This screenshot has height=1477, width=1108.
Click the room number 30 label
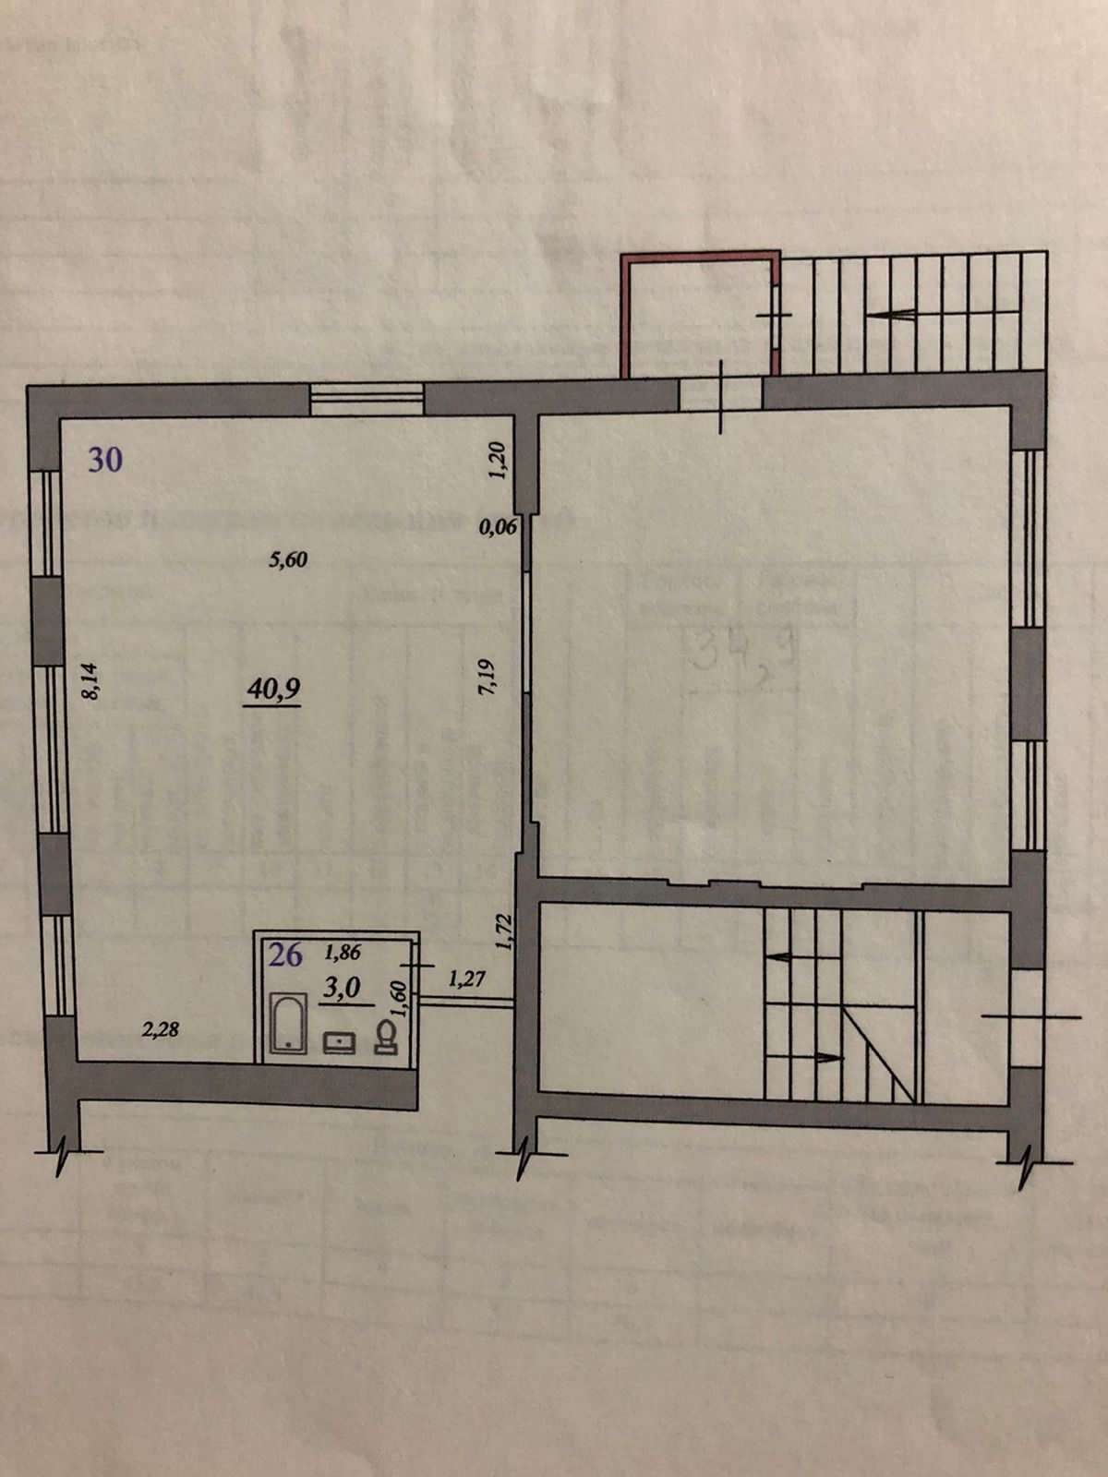pyautogui.click(x=105, y=459)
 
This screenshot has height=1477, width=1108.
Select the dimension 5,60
pyautogui.click(x=287, y=559)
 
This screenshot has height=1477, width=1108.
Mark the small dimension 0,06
pyautogui.click(x=499, y=529)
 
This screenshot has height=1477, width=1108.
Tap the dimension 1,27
pyautogui.click(x=467, y=979)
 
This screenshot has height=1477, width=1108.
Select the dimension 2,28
pyautogui.click(x=160, y=1030)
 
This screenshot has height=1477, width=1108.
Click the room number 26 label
pyautogui.click(x=285, y=955)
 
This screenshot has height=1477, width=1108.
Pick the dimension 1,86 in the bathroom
pyautogui.click(x=343, y=951)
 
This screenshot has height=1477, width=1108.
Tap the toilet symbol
pyautogui.click(x=386, y=1039)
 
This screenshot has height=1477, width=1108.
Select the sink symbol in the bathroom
pyautogui.click(x=339, y=1042)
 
